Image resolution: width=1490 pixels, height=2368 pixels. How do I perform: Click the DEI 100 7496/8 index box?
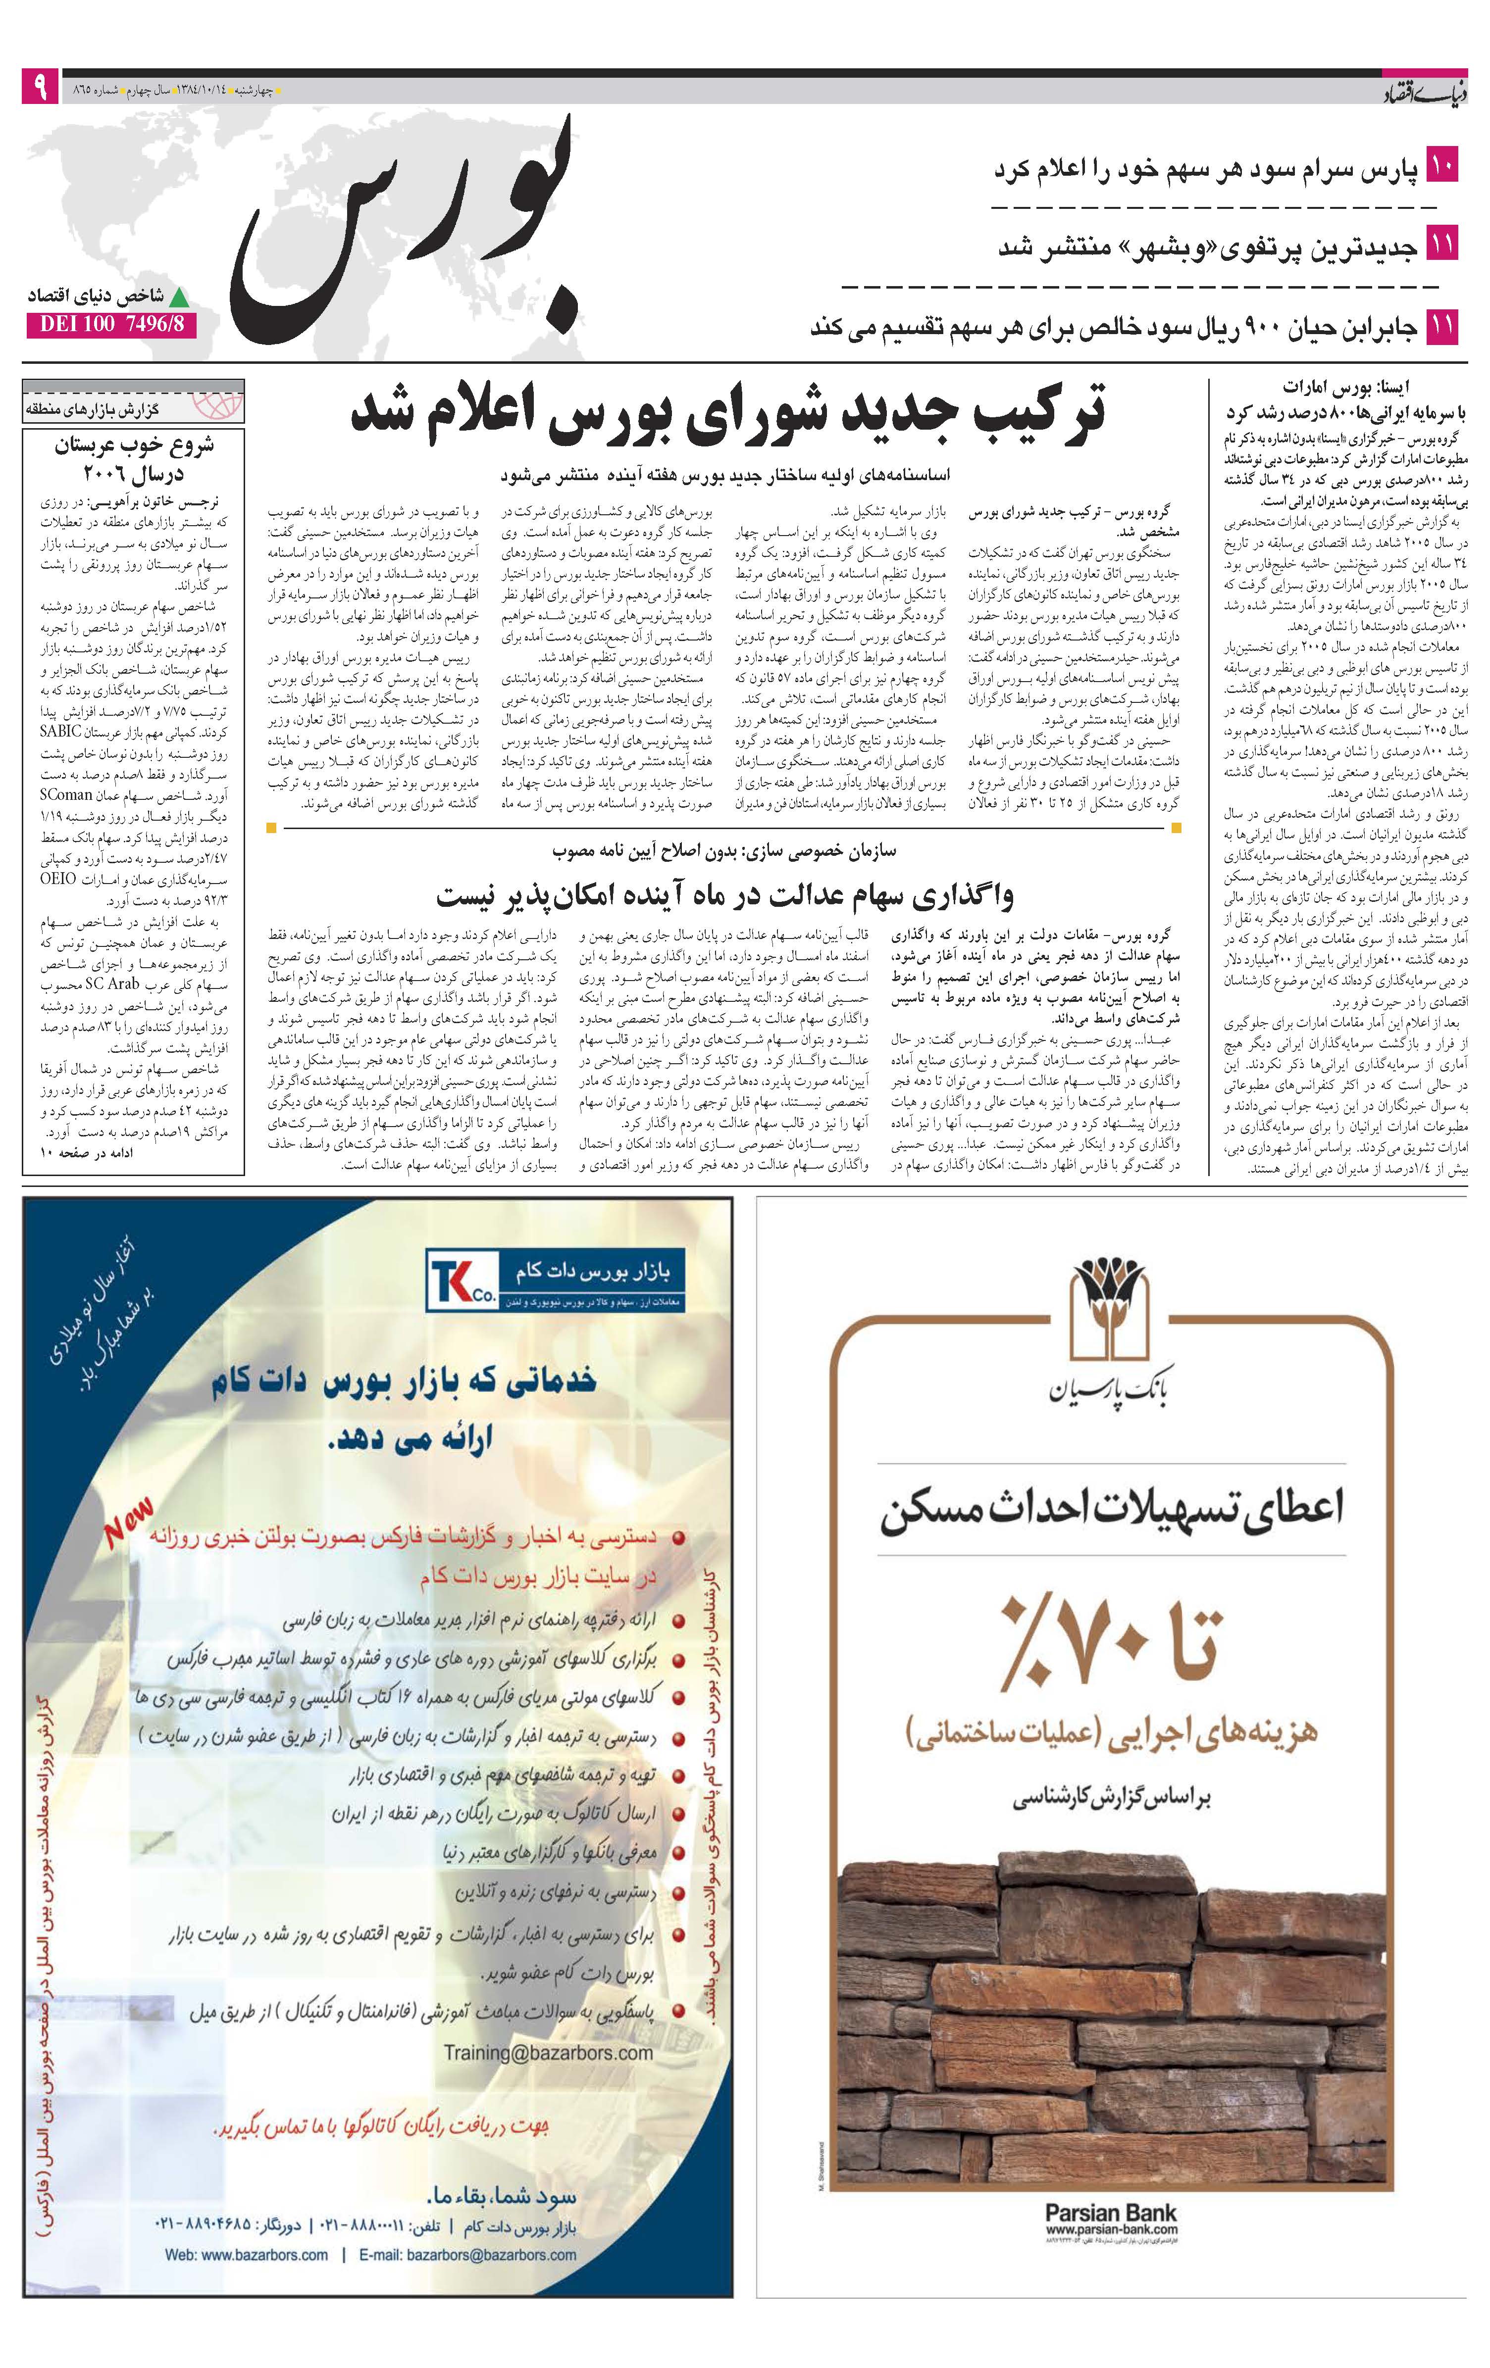[110, 324]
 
